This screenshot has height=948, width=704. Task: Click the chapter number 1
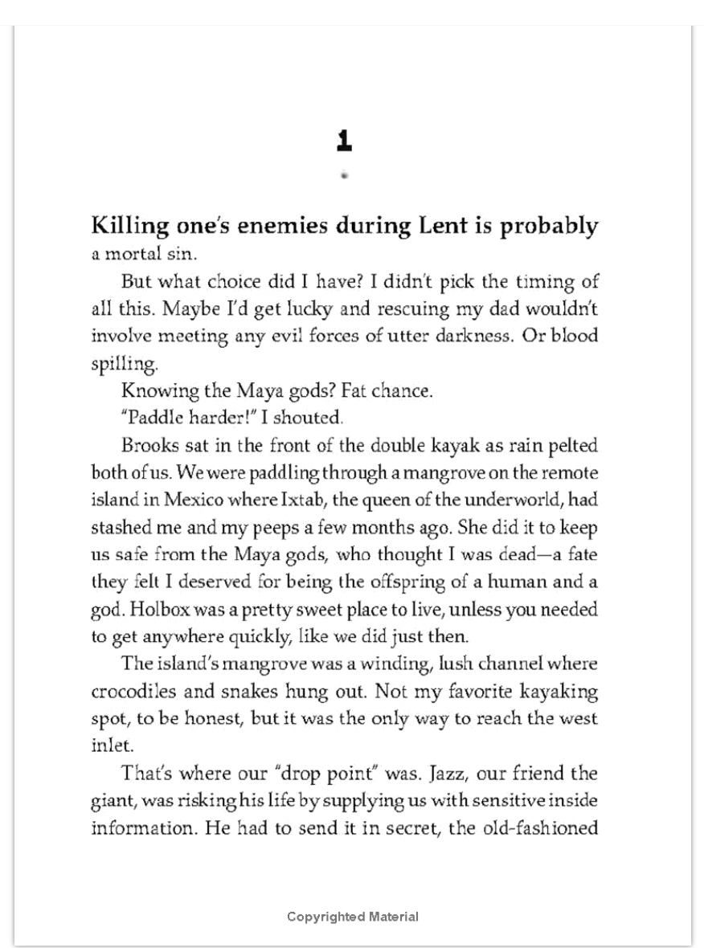(x=344, y=141)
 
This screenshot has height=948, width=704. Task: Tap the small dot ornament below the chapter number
(x=344, y=174)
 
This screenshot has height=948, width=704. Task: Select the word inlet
(x=105, y=745)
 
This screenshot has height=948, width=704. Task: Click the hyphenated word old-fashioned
(x=535, y=827)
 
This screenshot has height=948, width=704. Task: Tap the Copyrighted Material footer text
(x=352, y=917)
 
